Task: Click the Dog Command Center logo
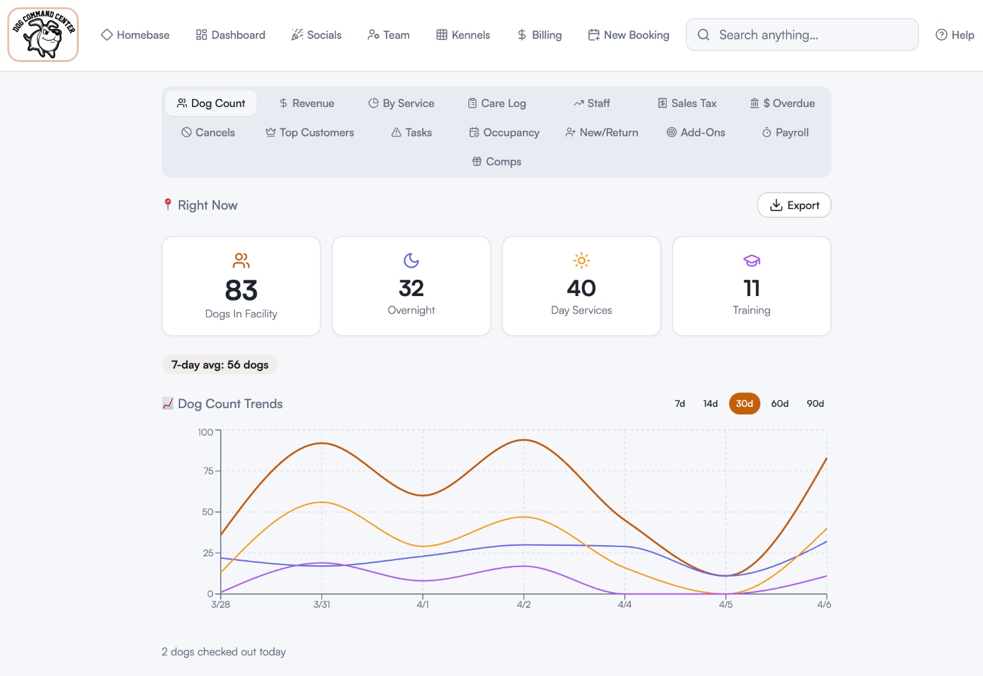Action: [43, 34]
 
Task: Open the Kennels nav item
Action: [463, 35]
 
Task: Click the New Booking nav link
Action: [628, 35]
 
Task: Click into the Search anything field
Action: [807, 35]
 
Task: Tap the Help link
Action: [955, 35]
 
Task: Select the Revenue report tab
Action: [306, 103]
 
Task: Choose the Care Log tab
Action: [497, 103]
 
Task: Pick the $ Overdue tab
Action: [782, 103]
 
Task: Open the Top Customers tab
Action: [310, 133]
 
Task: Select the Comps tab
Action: [497, 161]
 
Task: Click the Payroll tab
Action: [785, 133]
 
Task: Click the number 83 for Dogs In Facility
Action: [241, 290]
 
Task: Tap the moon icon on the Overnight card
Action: [411, 260]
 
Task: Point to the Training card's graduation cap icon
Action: [752, 260]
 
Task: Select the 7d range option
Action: [680, 404]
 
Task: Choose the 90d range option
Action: [815, 404]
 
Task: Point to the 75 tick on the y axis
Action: [208, 471]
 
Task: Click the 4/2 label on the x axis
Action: [524, 605]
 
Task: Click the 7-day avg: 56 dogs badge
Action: [220, 365]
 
